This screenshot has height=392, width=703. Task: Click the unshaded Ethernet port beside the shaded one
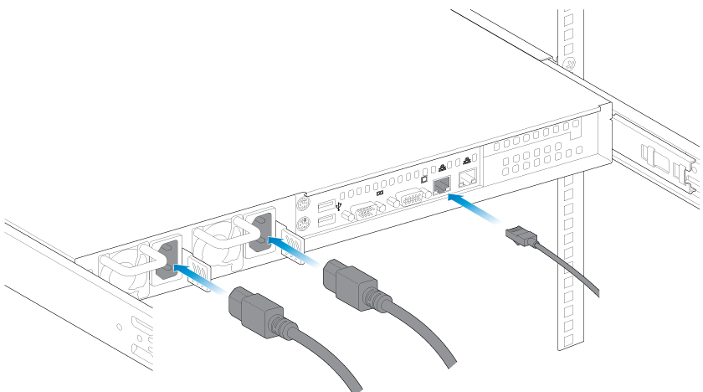(470, 176)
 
